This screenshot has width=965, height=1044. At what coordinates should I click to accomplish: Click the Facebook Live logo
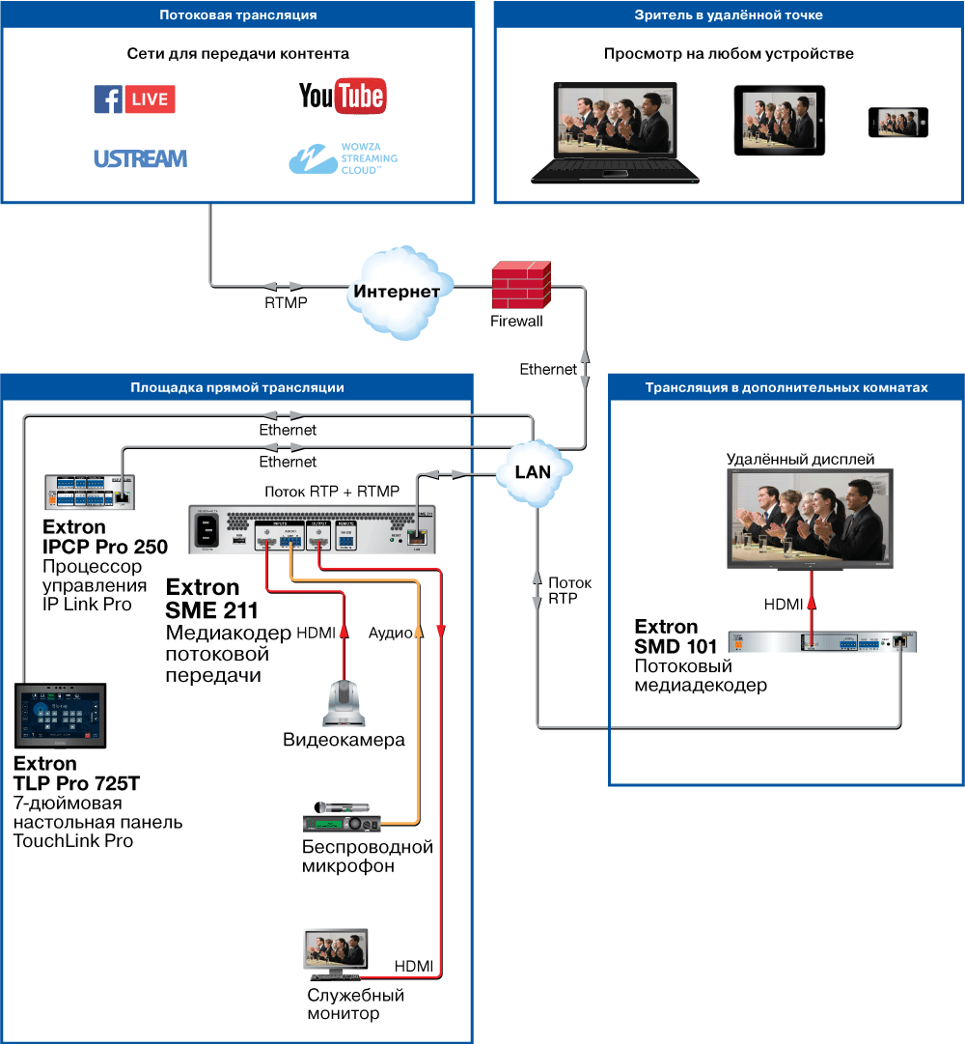(134, 99)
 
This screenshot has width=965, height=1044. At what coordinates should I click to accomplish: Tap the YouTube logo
(342, 96)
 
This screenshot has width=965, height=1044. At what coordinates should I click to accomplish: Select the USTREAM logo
(141, 158)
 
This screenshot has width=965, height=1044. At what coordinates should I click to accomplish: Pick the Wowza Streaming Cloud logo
(342, 156)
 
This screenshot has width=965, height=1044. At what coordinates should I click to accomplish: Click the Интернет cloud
(397, 292)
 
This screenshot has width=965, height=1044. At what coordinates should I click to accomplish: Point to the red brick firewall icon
(520, 285)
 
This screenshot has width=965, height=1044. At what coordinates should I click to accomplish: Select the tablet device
(780, 121)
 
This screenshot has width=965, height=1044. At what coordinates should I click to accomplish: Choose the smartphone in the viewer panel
(897, 123)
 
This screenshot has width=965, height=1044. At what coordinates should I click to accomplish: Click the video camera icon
(344, 701)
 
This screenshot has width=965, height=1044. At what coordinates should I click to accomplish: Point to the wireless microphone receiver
(343, 821)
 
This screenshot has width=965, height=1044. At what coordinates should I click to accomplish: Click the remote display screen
(810, 518)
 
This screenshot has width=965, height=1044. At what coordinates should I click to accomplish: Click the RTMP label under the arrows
(286, 303)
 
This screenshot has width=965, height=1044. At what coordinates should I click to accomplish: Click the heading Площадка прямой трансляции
(237, 387)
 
